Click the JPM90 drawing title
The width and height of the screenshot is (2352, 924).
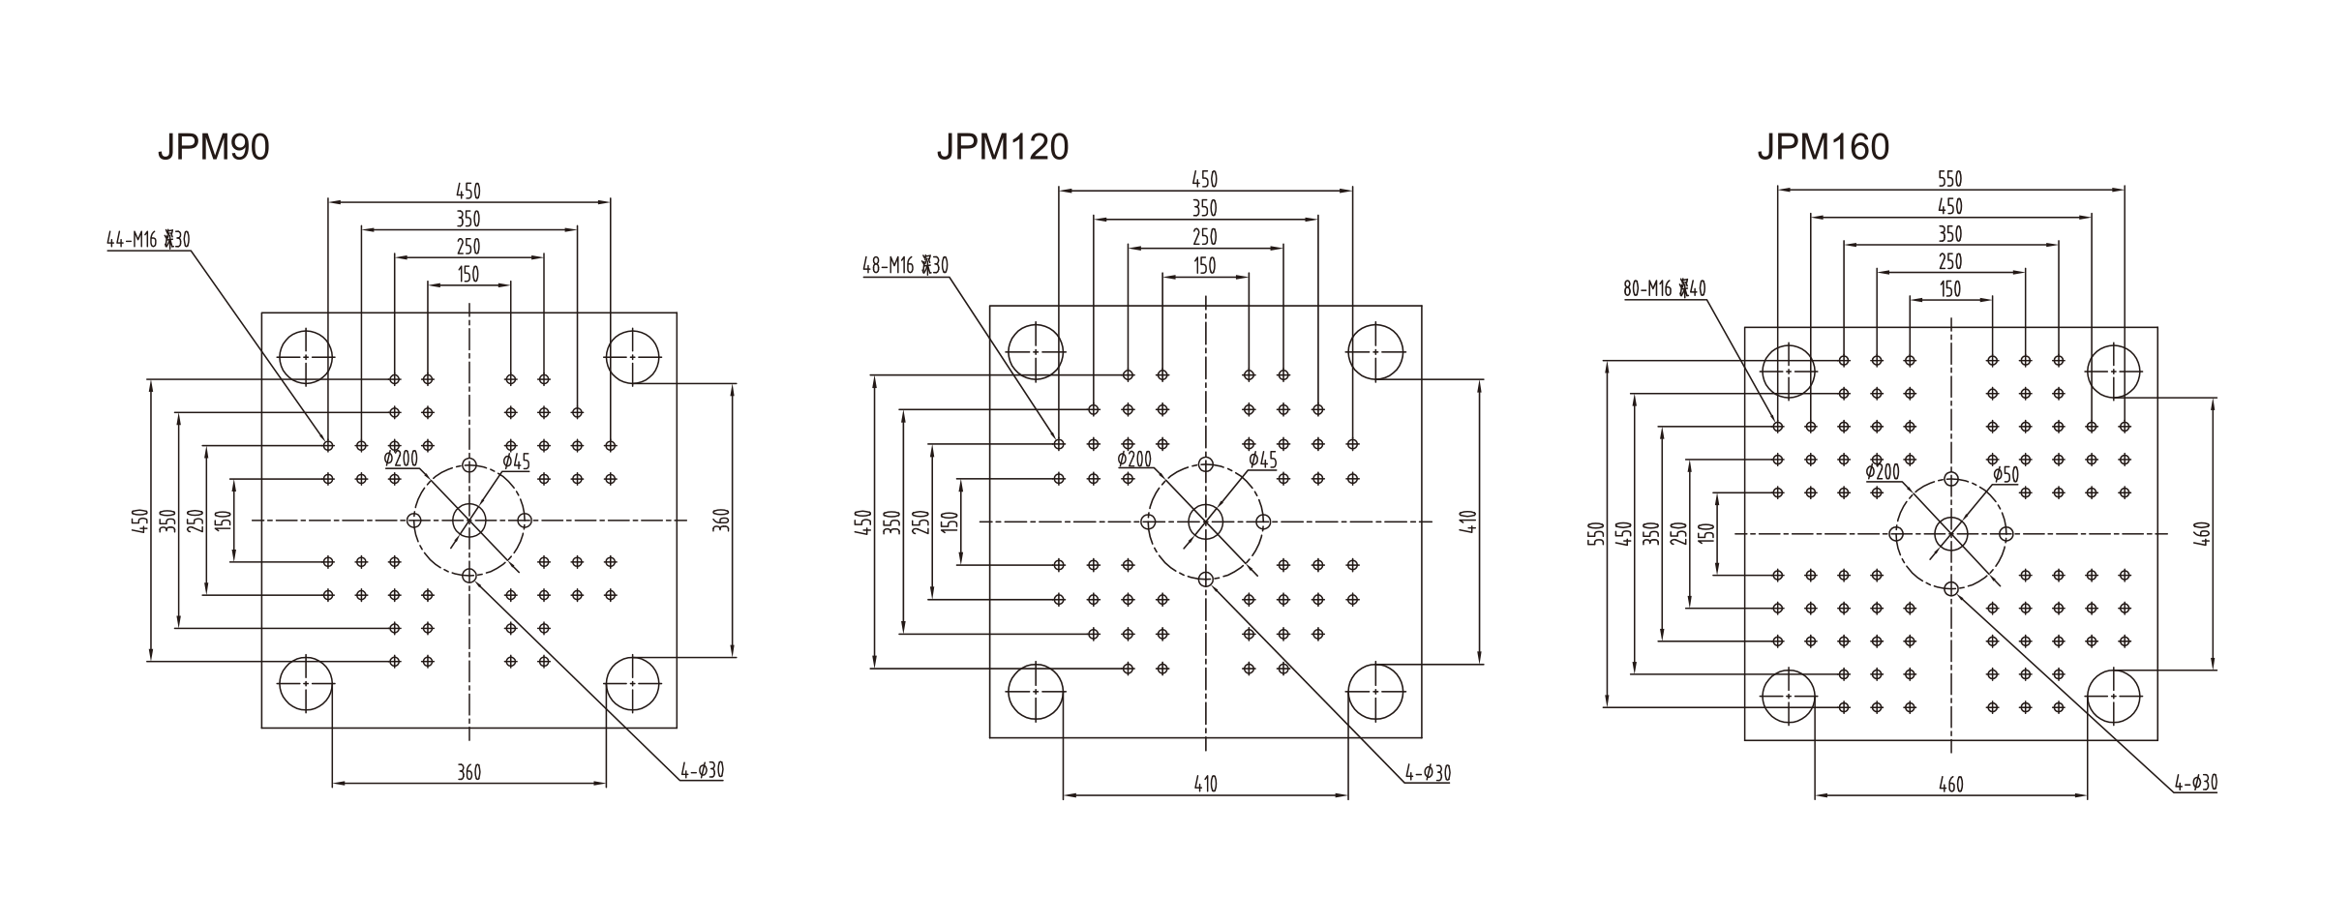(x=213, y=147)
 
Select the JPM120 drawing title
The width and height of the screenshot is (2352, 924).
(x=1002, y=147)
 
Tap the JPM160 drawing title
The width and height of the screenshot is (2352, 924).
(x=1823, y=147)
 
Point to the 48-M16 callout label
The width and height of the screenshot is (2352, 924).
(x=905, y=265)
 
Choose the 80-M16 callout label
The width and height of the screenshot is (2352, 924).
(x=1665, y=288)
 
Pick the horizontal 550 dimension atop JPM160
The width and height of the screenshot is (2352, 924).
(x=1949, y=179)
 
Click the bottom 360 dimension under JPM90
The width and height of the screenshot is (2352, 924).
(x=468, y=772)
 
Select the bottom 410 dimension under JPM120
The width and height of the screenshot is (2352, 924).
(x=1204, y=784)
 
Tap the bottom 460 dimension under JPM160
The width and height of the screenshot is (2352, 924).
(x=1950, y=785)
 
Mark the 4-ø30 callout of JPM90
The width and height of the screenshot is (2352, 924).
(x=702, y=771)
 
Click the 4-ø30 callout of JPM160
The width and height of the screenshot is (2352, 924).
(x=2195, y=783)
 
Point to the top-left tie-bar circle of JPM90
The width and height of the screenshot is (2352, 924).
(x=305, y=356)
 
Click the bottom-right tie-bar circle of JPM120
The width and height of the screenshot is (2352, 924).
(x=1375, y=692)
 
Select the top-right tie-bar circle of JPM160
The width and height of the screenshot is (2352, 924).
(x=2113, y=371)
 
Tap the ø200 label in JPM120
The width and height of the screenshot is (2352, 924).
(x=1134, y=460)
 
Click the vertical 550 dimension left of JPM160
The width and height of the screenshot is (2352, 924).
(x=1597, y=534)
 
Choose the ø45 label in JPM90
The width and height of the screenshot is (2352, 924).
(x=516, y=462)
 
